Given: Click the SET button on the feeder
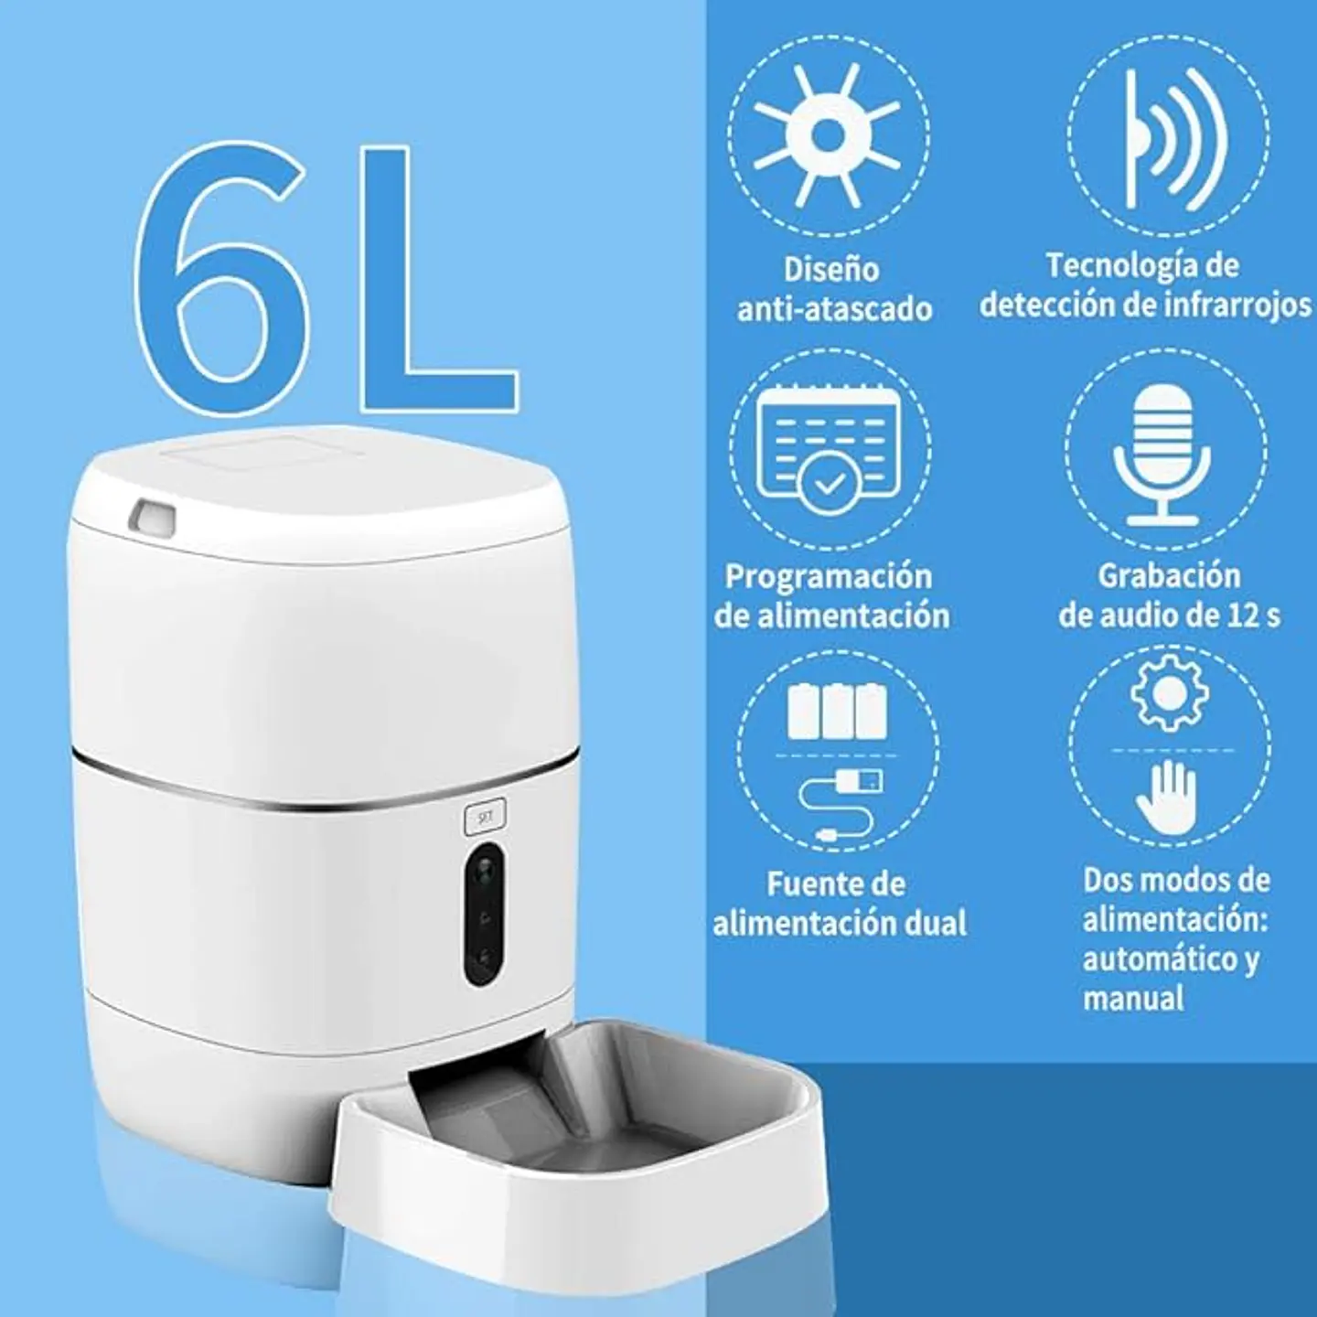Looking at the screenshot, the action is click(484, 816).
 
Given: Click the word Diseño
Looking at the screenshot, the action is click(831, 269).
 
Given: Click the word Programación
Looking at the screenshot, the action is click(829, 577).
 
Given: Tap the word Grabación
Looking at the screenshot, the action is click(1169, 576).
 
